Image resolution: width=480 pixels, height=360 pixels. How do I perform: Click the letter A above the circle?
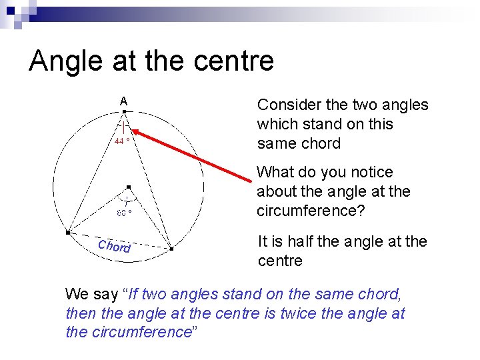coord(124,101)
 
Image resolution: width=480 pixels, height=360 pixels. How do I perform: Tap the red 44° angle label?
coord(121,141)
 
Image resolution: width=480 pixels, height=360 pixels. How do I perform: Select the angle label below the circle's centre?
coord(124,213)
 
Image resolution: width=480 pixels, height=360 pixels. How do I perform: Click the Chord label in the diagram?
coord(114,245)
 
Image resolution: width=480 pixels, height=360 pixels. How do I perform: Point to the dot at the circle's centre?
coord(129,187)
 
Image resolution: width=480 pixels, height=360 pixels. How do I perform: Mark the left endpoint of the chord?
coord(68,233)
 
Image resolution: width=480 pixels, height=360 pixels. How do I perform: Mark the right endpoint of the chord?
coord(171,249)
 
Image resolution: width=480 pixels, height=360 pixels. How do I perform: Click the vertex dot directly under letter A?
coord(125,112)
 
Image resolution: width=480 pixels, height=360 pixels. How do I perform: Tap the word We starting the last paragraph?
coord(77,294)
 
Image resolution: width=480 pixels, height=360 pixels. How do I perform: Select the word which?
coord(277,124)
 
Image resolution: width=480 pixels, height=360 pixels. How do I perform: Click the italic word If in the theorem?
coord(133,294)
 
